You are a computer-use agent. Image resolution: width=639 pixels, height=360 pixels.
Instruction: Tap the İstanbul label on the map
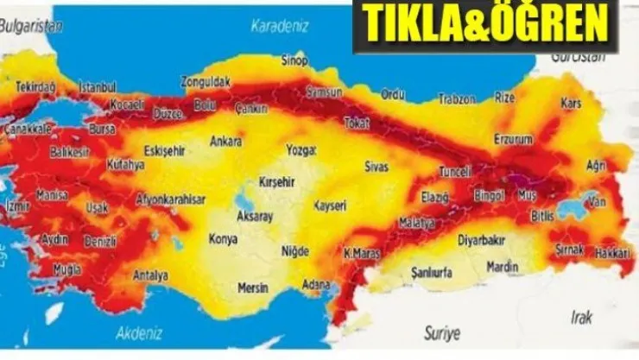(x=97, y=87)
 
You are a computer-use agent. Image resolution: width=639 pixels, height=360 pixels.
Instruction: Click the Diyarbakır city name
(x=482, y=238)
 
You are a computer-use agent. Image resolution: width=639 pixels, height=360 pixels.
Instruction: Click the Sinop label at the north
(x=295, y=60)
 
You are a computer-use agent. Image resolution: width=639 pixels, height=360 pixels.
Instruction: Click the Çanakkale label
(x=28, y=129)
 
